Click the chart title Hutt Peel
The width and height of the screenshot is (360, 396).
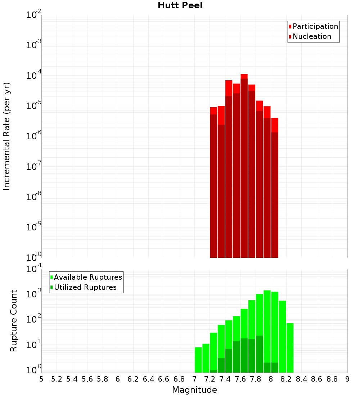pos(180,5)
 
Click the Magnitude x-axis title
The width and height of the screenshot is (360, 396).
pos(194,390)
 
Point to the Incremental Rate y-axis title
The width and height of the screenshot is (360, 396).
pos(7,136)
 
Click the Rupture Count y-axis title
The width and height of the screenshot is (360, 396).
pos(14,321)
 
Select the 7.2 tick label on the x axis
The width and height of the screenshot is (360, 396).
pos(210,379)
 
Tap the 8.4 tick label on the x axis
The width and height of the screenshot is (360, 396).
pos(301,379)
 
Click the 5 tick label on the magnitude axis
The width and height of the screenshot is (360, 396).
pos(41,379)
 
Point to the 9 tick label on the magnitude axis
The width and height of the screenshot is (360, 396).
pos(347,379)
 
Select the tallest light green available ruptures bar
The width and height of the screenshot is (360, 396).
pos(267,331)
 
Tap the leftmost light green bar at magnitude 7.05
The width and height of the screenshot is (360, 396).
pos(198,360)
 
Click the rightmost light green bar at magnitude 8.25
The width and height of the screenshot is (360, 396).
pos(290,348)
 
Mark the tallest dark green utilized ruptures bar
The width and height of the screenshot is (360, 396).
pos(259,354)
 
